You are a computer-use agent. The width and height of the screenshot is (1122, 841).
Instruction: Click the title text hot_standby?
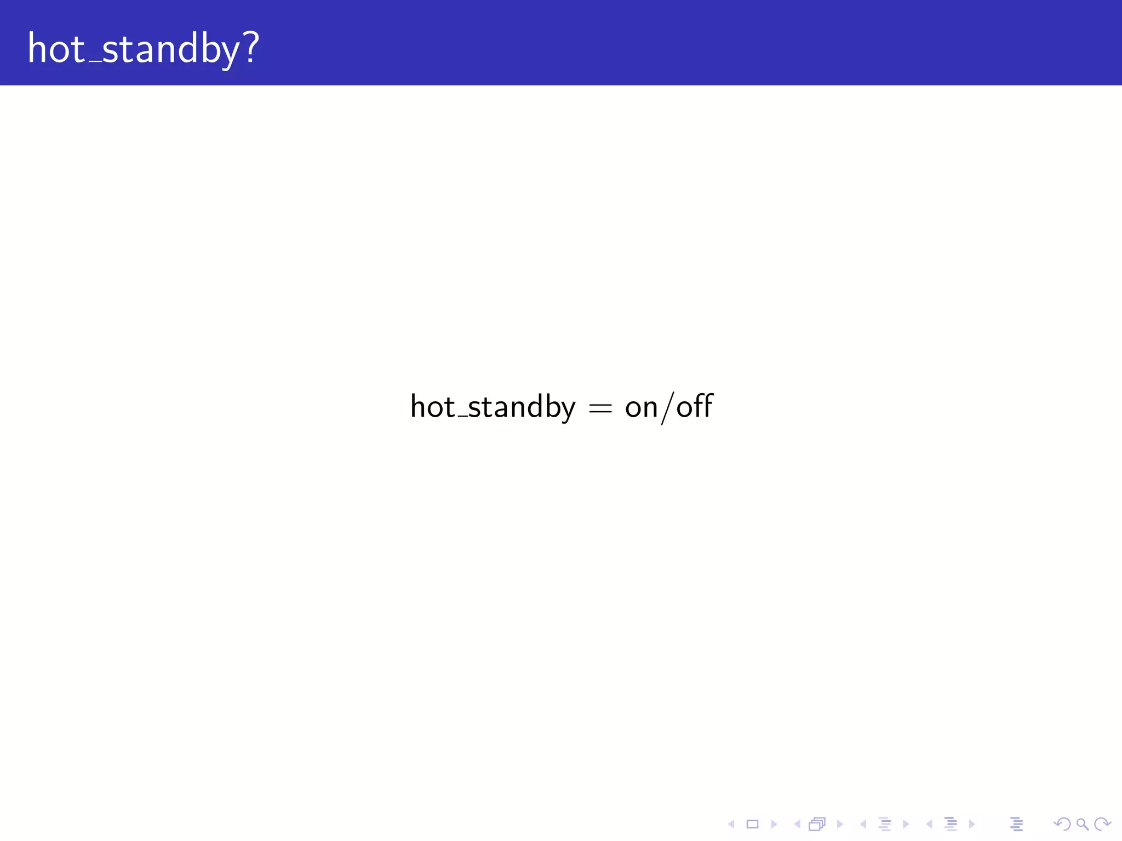click(x=143, y=49)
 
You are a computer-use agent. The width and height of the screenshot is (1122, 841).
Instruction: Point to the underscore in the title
click(x=94, y=61)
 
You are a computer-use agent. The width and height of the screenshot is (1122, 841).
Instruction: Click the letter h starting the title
click(x=37, y=48)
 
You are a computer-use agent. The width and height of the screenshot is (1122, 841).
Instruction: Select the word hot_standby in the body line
click(x=493, y=407)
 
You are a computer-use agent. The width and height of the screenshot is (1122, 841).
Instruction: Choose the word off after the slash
click(x=695, y=406)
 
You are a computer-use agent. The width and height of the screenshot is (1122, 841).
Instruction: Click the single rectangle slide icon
click(x=752, y=824)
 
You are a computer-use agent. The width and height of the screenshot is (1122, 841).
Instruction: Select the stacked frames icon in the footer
click(x=817, y=824)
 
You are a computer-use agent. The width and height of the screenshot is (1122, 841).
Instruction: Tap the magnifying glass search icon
click(x=1082, y=824)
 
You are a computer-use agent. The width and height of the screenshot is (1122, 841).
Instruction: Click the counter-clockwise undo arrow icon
click(x=1062, y=824)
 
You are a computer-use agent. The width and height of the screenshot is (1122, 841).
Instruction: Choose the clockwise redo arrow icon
click(x=1102, y=824)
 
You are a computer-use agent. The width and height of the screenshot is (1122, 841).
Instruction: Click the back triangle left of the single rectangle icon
click(x=731, y=824)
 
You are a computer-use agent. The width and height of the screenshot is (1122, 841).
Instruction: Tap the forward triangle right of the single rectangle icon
click(x=774, y=824)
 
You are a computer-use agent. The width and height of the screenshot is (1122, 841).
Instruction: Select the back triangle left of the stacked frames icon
click(x=797, y=824)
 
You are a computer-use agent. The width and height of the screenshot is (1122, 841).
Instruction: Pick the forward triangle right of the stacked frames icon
click(x=840, y=824)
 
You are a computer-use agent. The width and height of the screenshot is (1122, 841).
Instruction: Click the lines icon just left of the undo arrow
click(x=1016, y=824)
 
